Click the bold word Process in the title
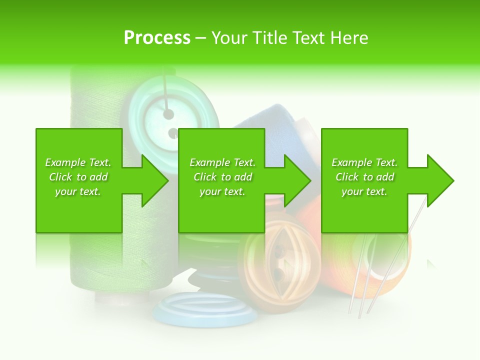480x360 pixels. point(157,37)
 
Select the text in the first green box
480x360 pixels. point(78,177)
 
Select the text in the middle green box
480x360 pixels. point(222,177)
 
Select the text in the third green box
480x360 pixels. point(364,177)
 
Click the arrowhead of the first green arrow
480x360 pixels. point(155,180)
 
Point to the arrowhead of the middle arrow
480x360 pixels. point(298,180)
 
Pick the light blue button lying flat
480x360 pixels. point(200,309)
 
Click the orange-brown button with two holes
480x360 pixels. point(280,260)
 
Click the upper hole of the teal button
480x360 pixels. point(168,114)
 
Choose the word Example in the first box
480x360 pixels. point(65,162)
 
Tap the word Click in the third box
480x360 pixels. point(347,177)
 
